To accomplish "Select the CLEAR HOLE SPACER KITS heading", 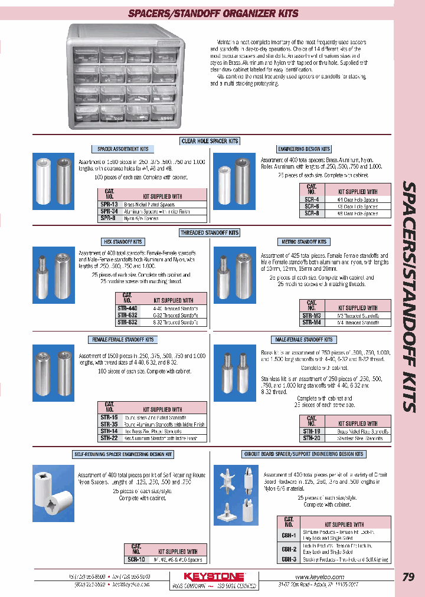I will (210, 141).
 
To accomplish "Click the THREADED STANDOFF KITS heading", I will (210, 233).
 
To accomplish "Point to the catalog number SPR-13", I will (109, 204).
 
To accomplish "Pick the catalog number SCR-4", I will (311, 199).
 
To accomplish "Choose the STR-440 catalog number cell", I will (127, 308).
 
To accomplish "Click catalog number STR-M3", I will (311, 316).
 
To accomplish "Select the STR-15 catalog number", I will (109, 417).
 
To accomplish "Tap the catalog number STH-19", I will (311, 431).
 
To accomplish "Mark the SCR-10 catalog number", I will (136, 559).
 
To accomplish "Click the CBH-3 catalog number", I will (289, 559).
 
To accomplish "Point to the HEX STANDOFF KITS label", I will (123, 242).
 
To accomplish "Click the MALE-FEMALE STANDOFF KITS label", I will (303, 340).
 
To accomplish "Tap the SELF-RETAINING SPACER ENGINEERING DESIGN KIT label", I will (123, 454).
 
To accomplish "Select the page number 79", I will (407, 578).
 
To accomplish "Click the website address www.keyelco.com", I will (319, 576).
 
